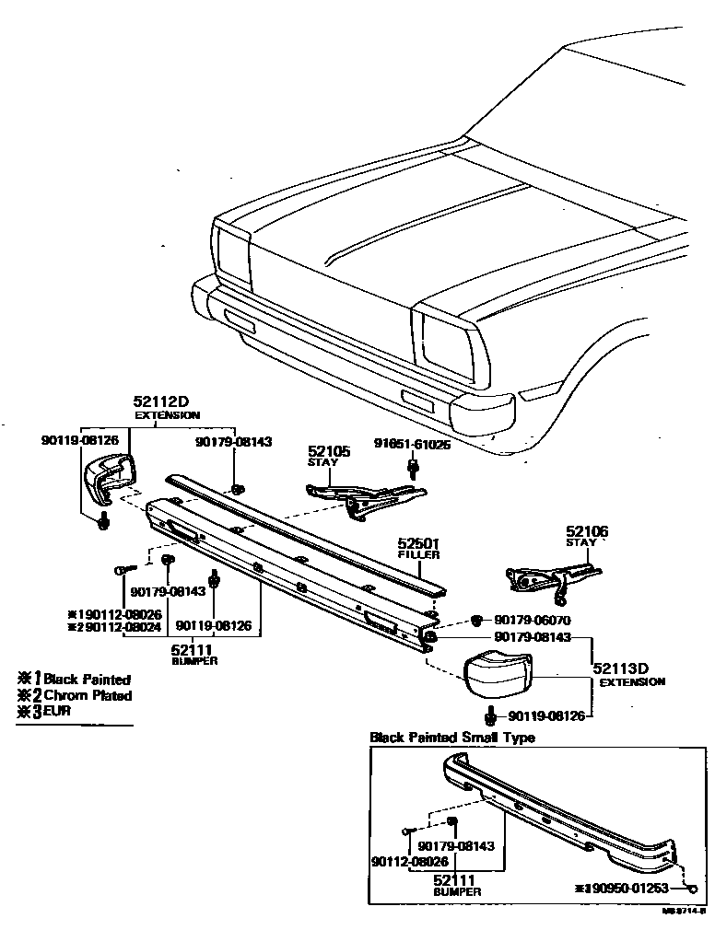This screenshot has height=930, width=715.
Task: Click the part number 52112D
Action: tap(160, 402)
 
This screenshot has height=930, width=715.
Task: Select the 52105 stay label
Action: tap(329, 451)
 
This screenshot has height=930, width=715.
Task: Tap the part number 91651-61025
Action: tap(412, 444)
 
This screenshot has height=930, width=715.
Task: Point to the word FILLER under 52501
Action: tap(418, 555)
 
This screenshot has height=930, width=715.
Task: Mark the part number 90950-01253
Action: tap(635, 889)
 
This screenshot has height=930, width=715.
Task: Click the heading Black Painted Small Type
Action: tap(451, 738)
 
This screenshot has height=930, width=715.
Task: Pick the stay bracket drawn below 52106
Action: tap(544, 575)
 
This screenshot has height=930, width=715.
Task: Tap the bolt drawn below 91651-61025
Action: tap(413, 469)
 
